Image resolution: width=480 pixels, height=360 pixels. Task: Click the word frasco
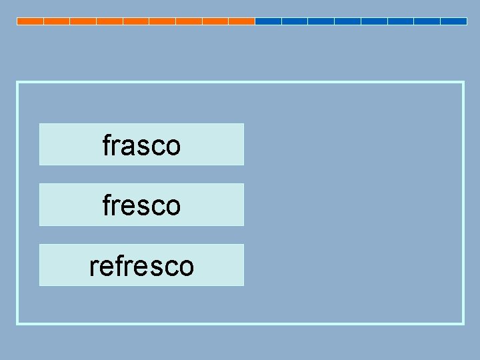[141, 145]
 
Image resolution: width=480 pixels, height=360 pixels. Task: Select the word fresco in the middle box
[141, 205]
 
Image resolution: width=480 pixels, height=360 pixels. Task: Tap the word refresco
[141, 266]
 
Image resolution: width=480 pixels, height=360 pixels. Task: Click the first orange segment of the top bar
[30, 21]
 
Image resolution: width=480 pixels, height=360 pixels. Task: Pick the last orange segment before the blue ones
[241, 21]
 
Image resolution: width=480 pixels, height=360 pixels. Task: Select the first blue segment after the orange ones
[268, 21]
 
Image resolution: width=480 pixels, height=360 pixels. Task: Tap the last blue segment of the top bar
[453, 21]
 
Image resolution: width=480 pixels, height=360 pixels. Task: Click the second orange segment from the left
[57, 21]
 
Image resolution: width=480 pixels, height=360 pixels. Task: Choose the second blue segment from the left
[295, 21]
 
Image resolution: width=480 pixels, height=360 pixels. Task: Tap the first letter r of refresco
[93, 267]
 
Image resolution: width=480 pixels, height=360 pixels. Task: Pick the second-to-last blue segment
[427, 21]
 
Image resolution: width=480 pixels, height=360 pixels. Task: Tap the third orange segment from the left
[83, 21]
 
